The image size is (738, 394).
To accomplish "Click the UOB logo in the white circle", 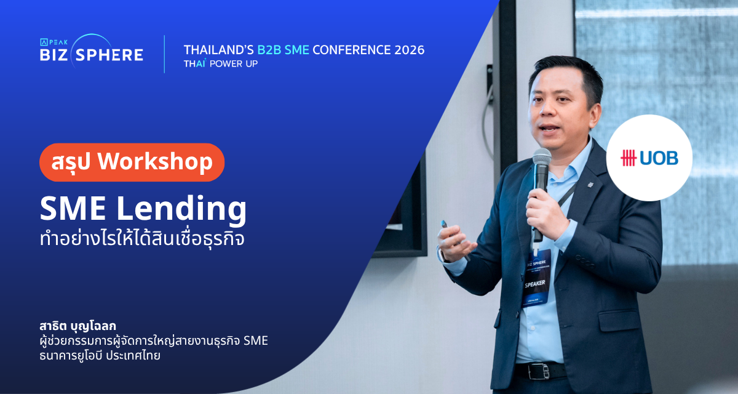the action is [649, 158].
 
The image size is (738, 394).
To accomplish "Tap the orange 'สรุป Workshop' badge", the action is [132, 162].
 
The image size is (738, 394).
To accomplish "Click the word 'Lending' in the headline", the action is [181, 210].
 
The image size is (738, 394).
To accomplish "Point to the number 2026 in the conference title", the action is [410, 50].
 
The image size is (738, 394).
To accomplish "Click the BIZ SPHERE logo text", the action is [92, 55].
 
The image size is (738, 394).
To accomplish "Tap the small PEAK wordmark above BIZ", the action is [54, 42].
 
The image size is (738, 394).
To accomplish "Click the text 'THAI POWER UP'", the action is [221, 63].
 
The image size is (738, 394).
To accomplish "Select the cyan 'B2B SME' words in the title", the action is [284, 50].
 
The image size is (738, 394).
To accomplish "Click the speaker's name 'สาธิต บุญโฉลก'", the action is [77, 326].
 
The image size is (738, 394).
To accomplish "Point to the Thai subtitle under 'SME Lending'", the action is [142, 238].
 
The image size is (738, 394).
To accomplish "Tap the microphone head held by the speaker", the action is [542, 157].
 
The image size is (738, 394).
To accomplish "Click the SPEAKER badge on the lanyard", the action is [536, 278].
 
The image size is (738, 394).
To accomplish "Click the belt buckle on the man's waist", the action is [539, 371].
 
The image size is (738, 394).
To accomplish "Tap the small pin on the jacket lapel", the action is [591, 184].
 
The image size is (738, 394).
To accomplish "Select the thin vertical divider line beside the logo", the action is [164, 54].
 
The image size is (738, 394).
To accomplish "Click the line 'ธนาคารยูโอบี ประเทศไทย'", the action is [100, 356].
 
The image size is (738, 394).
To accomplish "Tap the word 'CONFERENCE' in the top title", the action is [352, 50].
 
